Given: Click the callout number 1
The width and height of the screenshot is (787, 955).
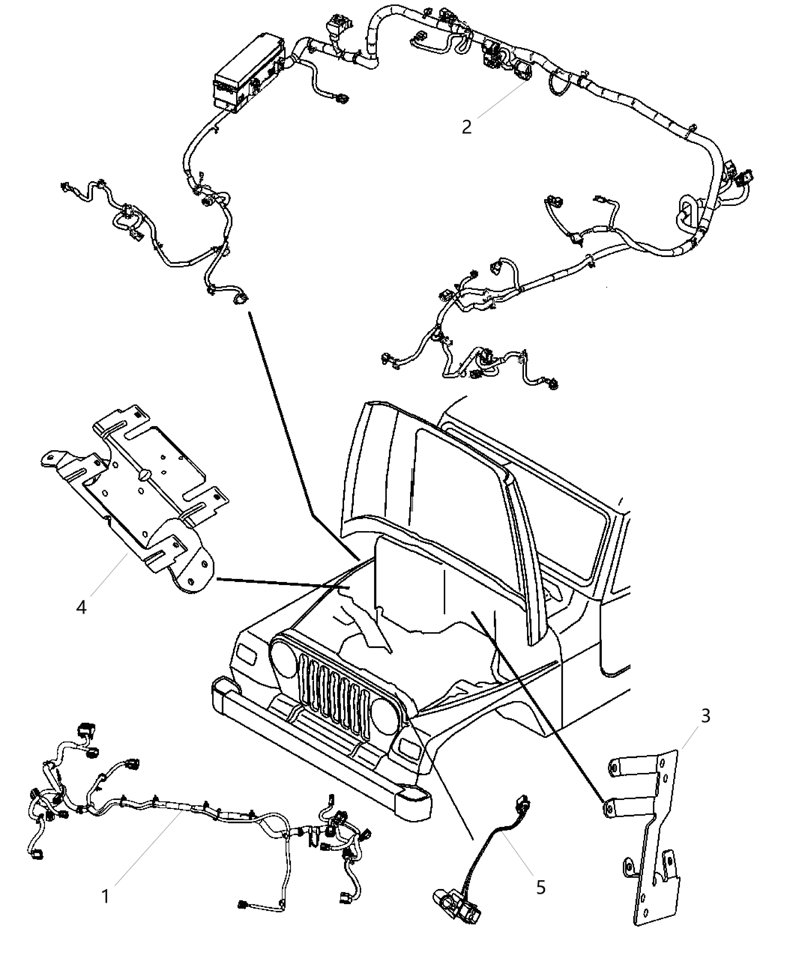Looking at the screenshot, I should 105,895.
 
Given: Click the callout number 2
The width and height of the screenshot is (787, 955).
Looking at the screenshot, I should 466,127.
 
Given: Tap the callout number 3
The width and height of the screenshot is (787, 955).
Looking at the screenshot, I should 705,715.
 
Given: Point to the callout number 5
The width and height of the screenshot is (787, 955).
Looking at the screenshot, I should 540,887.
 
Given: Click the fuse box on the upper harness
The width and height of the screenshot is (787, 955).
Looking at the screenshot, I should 244,72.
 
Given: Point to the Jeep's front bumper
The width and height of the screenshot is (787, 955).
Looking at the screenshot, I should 315,749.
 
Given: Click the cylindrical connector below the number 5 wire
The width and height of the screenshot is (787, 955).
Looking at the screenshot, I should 450,899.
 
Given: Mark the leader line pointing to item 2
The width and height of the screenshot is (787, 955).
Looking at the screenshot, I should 499,101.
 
